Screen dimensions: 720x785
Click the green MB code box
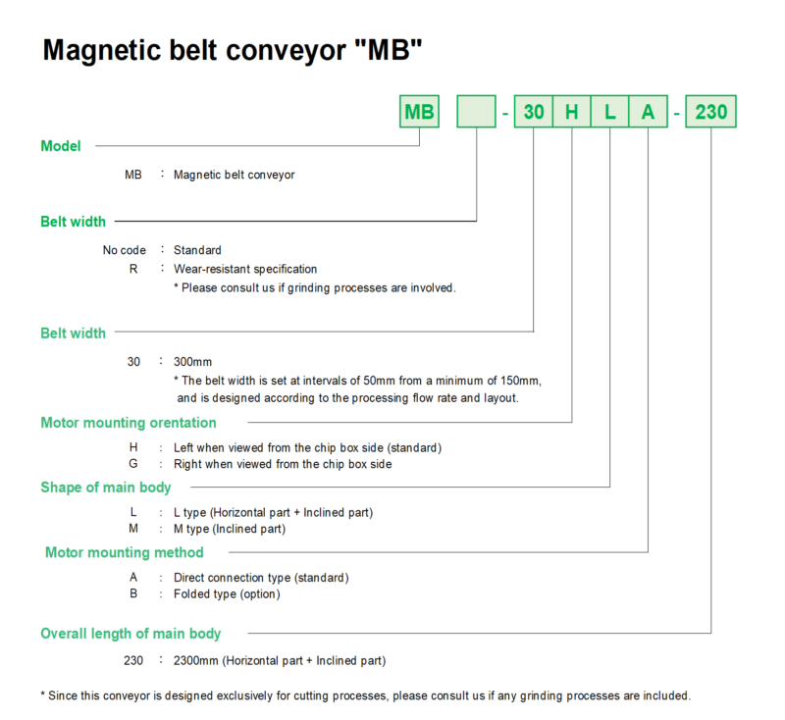pyautogui.click(x=419, y=112)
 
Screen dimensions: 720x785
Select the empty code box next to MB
pyautogui.click(x=476, y=112)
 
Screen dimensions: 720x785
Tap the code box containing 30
pyautogui.click(x=533, y=112)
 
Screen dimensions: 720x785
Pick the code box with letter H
pyautogui.click(x=571, y=112)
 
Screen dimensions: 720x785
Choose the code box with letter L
pyautogui.click(x=609, y=112)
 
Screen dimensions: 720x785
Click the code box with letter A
pyautogui.click(x=648, y=112)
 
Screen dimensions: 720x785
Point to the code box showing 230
pyautogui.click(x=710, y=112)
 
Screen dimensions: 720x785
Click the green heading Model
pyautogui.click(x=61, y=146)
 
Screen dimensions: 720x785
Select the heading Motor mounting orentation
pyautogui.click(x=129, y=423)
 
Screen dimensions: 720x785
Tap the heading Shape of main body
pyautogui.click(x=106, y=488)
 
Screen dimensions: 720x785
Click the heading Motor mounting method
pyautogui.click(x=125, y=552)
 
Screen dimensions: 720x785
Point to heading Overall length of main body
pyautogui.click(x=131, y=634)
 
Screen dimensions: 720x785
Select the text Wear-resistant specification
pyautogui.click(x=245, y=269)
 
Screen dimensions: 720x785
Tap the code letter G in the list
pyautogui.click(x=133, y=464)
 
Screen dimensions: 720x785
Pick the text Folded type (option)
pyautogui.click(x=227, y=593)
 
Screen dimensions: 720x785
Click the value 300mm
pyautogui.click(x=193, y=361)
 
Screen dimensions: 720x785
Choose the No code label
pyautogui.click(x=125, y=250)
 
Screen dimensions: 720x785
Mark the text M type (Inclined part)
pyautogui.click(x=230, y=529)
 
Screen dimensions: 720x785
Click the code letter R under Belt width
pyautogui.click(x=133, y=269)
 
